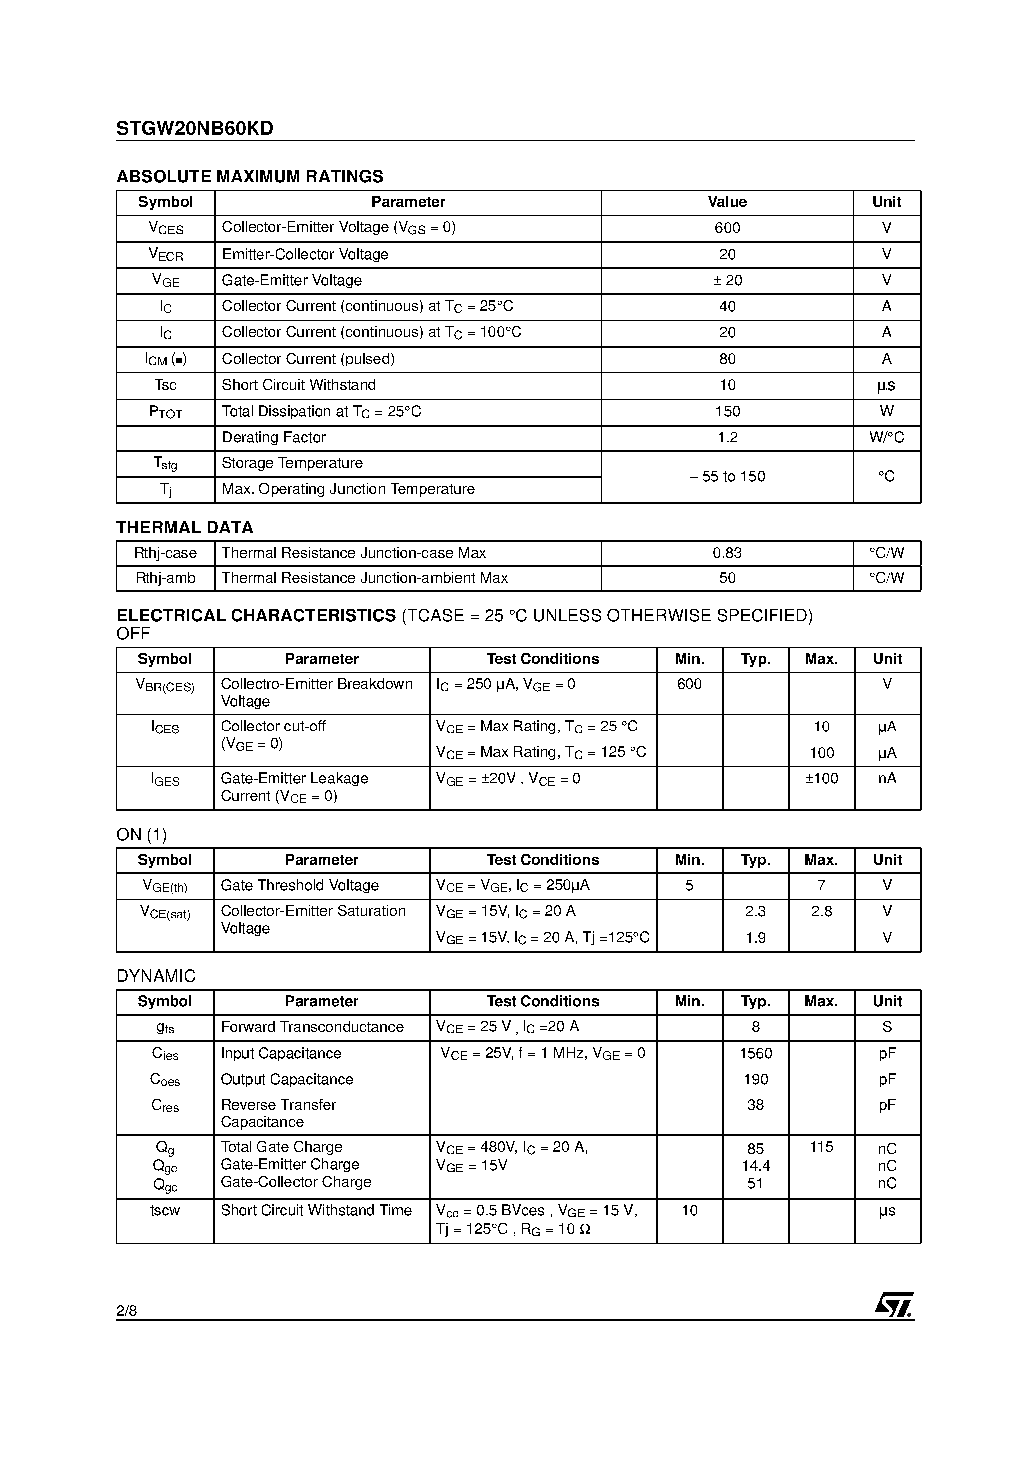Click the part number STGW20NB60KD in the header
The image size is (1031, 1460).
click(195, 129)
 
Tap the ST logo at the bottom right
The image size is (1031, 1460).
click(894, 1304)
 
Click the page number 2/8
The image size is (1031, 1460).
click(126, 1311)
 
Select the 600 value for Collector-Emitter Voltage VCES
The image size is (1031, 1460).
click(727, 228)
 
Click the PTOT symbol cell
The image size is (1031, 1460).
click(165, 412)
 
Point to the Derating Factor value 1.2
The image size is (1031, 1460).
click(727, 437)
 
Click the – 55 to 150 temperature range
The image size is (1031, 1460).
click(727, 476)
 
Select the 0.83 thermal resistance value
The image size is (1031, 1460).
click(727, 553)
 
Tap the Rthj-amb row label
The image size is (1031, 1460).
click(165, 578)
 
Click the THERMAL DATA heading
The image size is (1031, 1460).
click(184, 527)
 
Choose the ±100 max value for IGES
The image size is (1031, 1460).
click(821, 778)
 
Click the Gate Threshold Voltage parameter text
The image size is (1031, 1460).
click(299, 885)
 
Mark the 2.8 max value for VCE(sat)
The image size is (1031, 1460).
click(821, 911)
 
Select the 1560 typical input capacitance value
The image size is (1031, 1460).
click(755, 1053)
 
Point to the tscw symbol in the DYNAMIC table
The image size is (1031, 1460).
click(165, 1210)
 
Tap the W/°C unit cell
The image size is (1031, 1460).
click(886, 437)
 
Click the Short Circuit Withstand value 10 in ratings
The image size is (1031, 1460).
click(727, 385)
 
